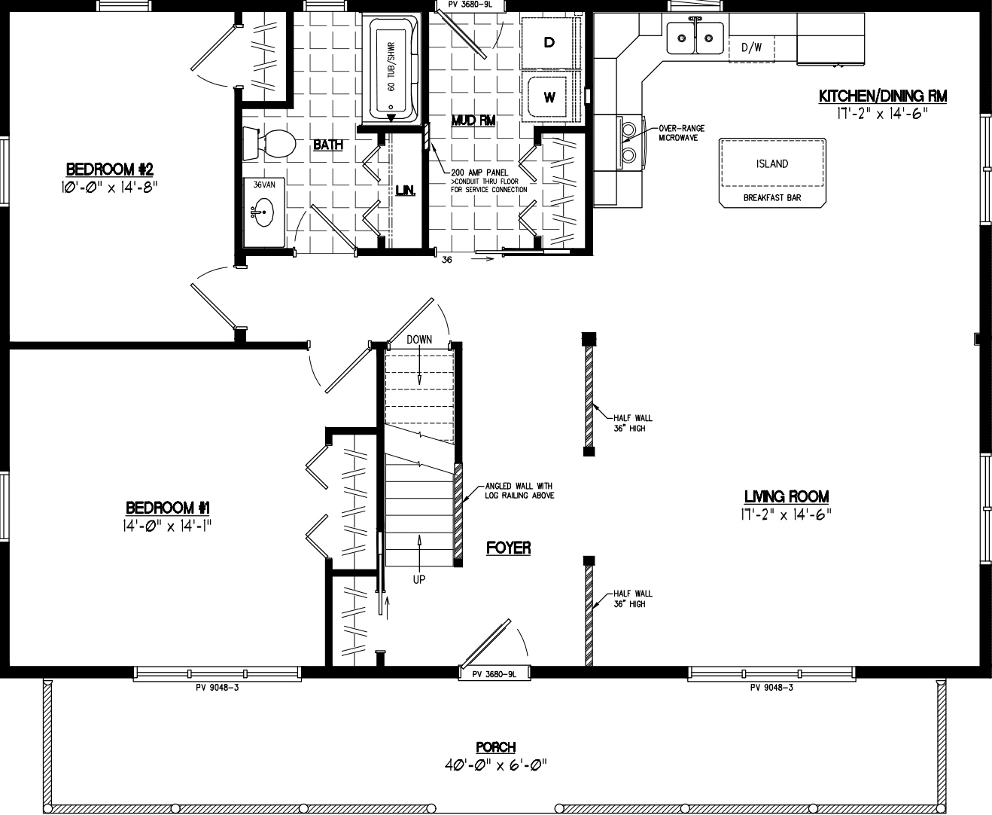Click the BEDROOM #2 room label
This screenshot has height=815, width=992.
110,168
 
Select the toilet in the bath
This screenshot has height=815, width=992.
271,144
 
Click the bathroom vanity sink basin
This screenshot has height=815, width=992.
261,212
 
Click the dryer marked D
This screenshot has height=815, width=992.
549,43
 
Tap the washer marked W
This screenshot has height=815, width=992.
549,97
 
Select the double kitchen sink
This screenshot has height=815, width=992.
695,37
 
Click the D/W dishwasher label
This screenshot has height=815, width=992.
751,47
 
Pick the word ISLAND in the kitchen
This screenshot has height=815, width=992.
772,163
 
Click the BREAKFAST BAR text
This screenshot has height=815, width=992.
772,198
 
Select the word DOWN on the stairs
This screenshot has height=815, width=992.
419,340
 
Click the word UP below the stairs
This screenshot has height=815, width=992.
419,579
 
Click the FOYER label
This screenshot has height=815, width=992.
509,548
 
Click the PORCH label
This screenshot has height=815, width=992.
495,747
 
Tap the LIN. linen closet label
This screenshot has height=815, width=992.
406,191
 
